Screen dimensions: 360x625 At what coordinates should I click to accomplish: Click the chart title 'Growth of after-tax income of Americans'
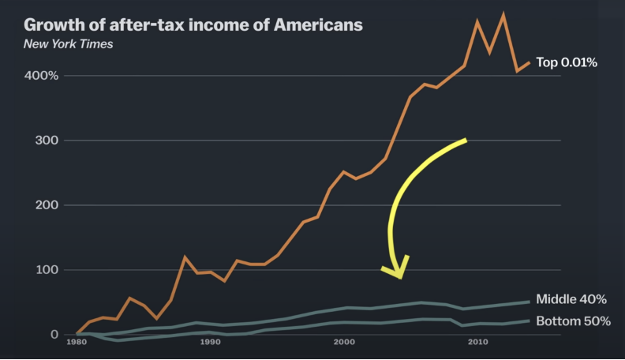(193, 24)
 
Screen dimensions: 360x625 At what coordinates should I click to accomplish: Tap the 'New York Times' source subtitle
(68, 43)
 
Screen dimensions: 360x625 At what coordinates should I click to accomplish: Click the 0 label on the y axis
(54, 335)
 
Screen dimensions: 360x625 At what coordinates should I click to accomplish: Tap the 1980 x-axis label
(77, 343)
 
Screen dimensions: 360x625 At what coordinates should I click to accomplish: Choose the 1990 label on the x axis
(210, 343)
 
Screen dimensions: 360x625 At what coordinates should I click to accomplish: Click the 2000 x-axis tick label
(343, 343)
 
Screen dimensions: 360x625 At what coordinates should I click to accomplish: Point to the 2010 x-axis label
(477, 343)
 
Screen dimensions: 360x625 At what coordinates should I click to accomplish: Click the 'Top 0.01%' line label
(567, 62)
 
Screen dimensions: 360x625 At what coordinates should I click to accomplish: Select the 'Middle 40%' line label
(571, 300)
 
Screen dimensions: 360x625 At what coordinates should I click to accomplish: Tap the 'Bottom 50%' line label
(573, 321)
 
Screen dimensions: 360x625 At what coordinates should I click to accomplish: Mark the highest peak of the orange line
(503, 14)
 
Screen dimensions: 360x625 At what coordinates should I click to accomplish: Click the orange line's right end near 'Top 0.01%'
(529, 62)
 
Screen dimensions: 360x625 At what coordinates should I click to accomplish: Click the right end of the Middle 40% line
(529, 302)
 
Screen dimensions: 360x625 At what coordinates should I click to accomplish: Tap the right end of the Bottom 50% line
(529, 321)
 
